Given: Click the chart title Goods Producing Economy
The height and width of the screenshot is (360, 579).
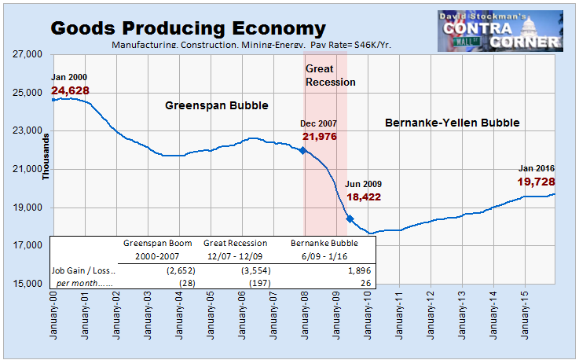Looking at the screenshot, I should (x=188, y=29).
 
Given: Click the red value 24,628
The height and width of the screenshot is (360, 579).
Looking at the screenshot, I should (x=70, y=91).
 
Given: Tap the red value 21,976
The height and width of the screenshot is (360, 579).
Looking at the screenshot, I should (x=321, y=137).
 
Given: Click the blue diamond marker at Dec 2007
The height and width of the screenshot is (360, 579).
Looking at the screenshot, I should (x=303, y=150).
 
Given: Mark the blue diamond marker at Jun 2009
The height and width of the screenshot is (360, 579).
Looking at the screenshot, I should (x=350, y=219).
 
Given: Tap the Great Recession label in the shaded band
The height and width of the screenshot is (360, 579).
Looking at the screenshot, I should (x=330, y=75).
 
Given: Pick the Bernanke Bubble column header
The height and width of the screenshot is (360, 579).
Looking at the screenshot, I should (x=324, y=243).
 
